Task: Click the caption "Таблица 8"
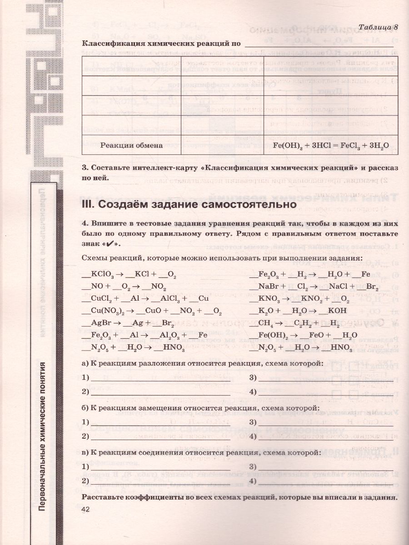378,27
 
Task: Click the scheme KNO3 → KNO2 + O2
299,299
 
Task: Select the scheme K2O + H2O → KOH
298,311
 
